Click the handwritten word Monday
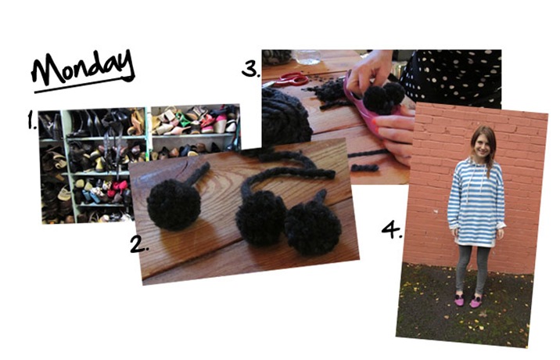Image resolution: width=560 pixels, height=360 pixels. click(83, 67)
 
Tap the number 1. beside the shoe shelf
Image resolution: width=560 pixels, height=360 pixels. click(32, 120)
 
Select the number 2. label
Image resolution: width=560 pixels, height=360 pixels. click(139, 244)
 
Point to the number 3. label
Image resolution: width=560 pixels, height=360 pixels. click(251, 69)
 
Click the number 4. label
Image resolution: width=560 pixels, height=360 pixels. click(391, 229)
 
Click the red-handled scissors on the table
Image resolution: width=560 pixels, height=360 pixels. click(289, 79)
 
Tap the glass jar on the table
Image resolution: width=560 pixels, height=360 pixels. click(307, 57)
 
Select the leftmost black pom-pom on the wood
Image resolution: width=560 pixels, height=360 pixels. click(174, 204)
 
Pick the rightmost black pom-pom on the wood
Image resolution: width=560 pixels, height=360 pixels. click(313, 229)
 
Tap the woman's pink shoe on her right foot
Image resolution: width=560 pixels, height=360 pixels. click(459, 301)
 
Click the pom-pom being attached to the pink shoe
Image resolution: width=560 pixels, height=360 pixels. click(382, 98)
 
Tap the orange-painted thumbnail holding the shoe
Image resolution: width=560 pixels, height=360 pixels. click(375, 121)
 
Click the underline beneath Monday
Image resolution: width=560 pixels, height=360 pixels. click(84, 85)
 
